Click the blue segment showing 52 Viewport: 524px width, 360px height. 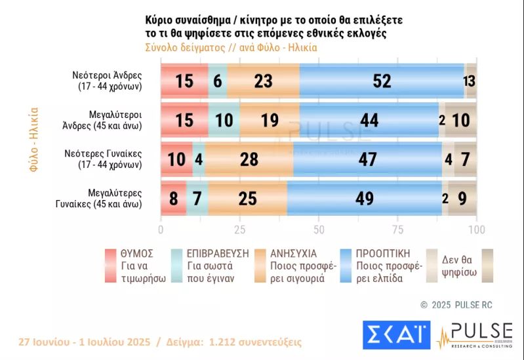pos(382,81)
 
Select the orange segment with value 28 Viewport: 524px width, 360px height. pos(249,159)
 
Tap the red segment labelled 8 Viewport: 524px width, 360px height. pos(173,198)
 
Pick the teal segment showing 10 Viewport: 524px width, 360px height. pos(224,120)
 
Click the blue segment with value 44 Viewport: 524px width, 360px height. pos(369,120)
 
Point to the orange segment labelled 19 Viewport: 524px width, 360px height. pos(270,120)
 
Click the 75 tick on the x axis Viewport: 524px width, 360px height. pos(397,230)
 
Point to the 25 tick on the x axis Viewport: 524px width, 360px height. pos(240,230)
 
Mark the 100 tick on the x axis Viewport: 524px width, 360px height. pos(476,230)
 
